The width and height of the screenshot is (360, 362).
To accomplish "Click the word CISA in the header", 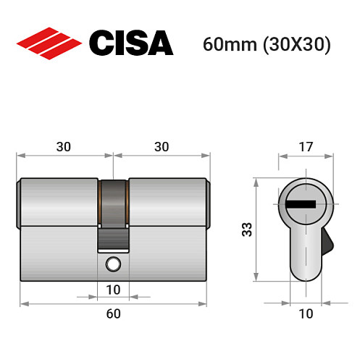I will pyautogui.click(x=131, y=43).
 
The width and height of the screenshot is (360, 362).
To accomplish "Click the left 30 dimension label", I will pyautogui.click(x=64, y=146).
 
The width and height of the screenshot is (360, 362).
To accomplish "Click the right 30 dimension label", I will pyautogui.click(x=162, y=146).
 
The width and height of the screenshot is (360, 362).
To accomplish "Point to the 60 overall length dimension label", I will pyautogui.click(x=113, y=313).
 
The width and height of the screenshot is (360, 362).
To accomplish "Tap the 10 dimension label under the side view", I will pyautogui.click(x=113, y=290).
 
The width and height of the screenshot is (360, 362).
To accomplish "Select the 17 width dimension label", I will pyautogui.click(x=305, y=146).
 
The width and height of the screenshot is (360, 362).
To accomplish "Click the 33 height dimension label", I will pyautogui.click(x=247, y=230).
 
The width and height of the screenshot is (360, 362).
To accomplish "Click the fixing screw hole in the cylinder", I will pyautogui.click(x=112, y=264).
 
